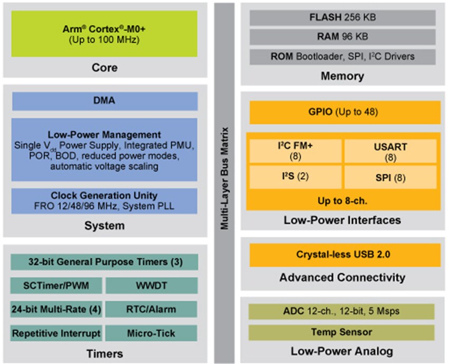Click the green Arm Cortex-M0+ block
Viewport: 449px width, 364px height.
tap(105, 33)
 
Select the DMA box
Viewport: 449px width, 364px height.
tap(105, 101)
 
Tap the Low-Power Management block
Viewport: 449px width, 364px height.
tap(105, 150)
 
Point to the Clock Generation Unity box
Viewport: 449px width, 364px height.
tap(105, 201)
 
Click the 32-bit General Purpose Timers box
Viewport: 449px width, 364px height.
tap(105, 262)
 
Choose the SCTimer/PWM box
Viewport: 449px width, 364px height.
tap(55, 285)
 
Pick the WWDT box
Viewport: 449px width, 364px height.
tap(152, 285)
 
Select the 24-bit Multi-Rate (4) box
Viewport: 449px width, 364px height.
tap(55, 309)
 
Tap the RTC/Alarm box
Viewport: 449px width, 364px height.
tap(152, 309)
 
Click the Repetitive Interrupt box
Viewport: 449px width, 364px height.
tap(55, 333)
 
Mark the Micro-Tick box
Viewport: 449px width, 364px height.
tap(152, 333)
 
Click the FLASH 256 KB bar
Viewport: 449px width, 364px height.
tap(342, 17)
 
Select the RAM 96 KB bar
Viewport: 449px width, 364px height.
tap(342, 36)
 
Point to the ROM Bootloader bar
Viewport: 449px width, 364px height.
tap(342, 56)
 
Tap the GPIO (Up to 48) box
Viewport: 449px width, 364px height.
tap(344, 112)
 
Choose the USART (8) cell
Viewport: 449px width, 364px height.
tap(390, 151)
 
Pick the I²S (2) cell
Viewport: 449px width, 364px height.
tap(295, 177)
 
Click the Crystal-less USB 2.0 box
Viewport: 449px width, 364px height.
tap(344, 255)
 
